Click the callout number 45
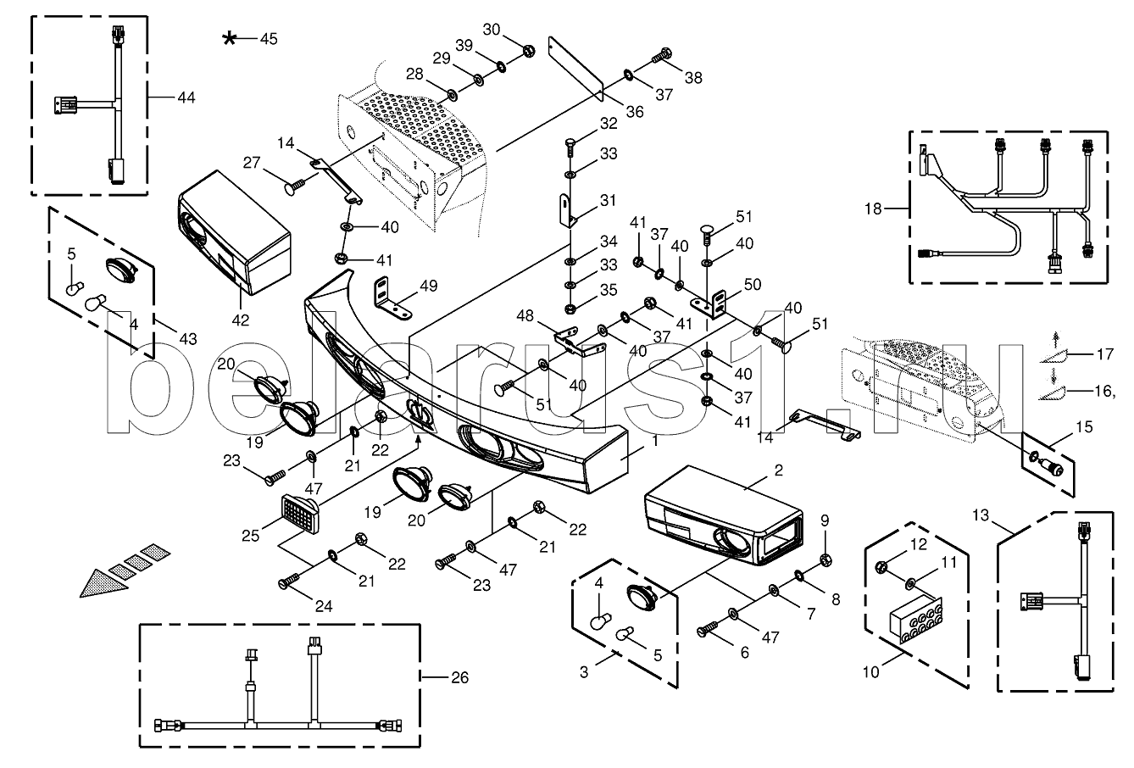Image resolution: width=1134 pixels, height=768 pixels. coord(268,38)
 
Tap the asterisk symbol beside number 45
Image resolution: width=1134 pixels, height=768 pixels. coord(230,38)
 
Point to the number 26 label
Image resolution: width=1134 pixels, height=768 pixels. coord(458,677)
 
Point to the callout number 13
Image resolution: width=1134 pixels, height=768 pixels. coord(981,515)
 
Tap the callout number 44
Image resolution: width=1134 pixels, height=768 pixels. coord(186,98)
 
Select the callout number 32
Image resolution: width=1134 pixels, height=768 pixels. coord(609,124)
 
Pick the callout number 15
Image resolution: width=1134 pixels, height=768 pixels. coord(1060,430)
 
